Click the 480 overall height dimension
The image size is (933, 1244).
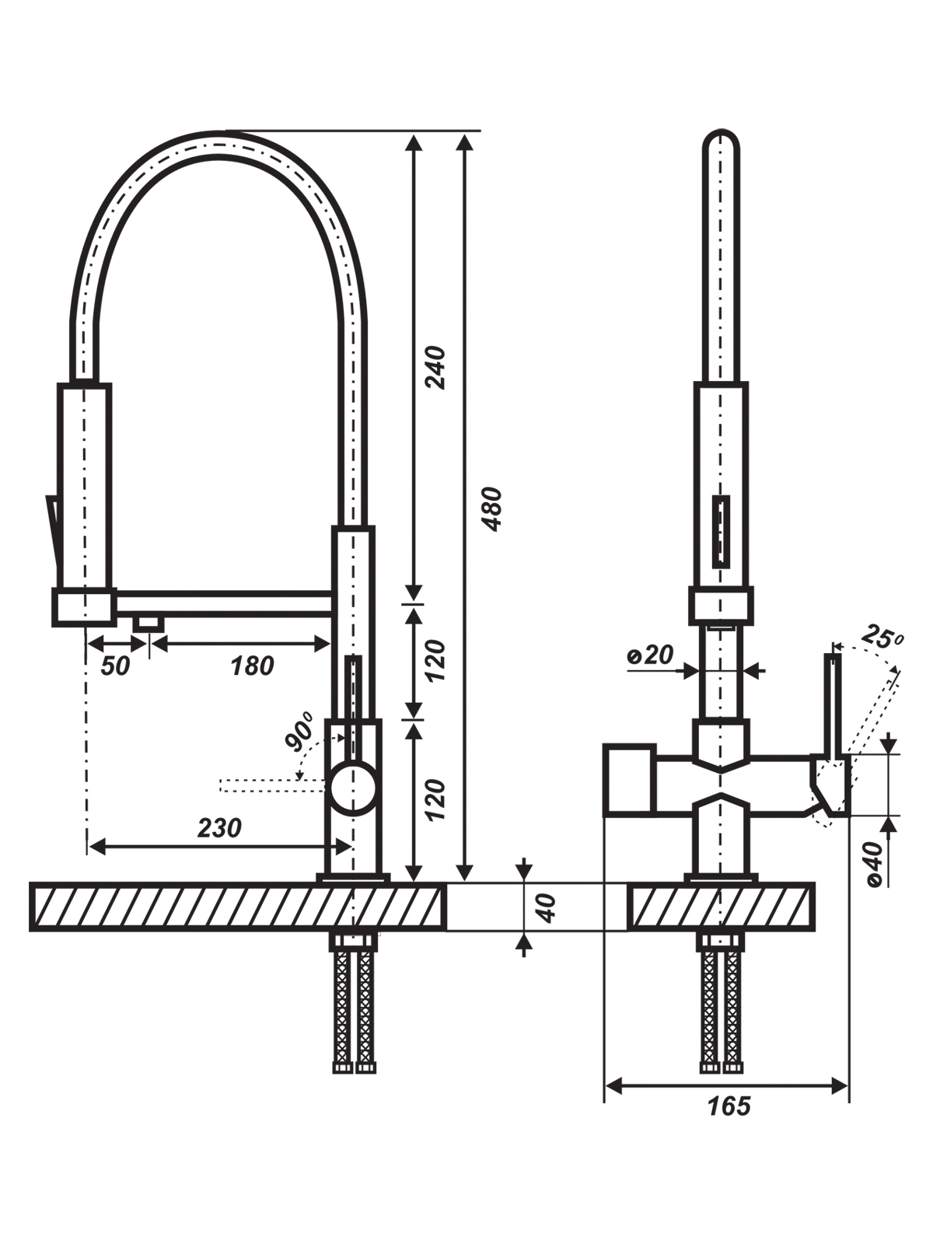pyautogui.click(x=494, y=509)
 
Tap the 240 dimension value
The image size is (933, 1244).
pyautogui.click(x=436, y=367)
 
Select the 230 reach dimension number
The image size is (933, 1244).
pyautogui.click(x=220, y=829)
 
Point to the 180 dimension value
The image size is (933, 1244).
pyautogui.click(x=252, y=666)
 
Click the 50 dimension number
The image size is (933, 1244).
pyautogui.click(x=116, y=666)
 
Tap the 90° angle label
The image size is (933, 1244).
pyautogui.click(x=301, y=732)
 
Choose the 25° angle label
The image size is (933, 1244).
pyautogui.click(x=882, y=638)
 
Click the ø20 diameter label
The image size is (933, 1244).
pyautogui.click(x=650, y=655)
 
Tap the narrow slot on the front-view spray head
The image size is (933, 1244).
pyautogui.click(x=721, y=530)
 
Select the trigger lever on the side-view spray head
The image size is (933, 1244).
pyautogui.click(x=52, y=535)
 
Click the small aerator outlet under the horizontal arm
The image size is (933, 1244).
pyautogui.click(x=149, y=623)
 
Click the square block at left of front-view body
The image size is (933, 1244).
pyautogui.click(x=630, y=781)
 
